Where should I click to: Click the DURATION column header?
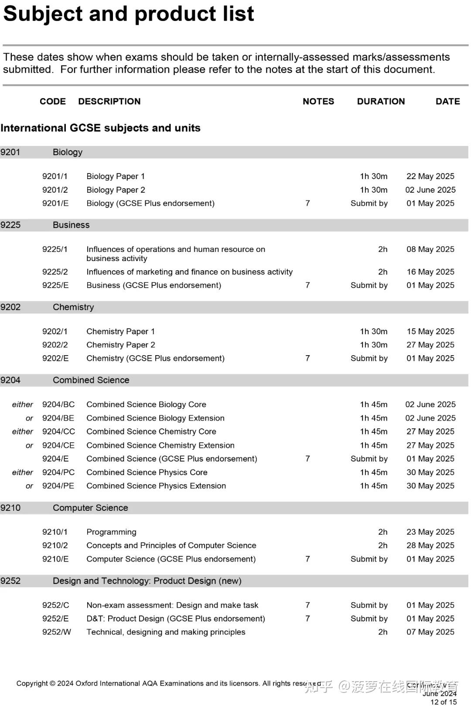pyautogui.click(x=381, y=102)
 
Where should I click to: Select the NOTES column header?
pyautogui.click(x=318, y=102)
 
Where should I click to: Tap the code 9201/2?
pyautogui.click(x=55, y=190)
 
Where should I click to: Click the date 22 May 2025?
pyautogui.click(x=430, y=176)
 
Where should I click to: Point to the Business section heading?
pyautogui.click(x=71, y=225)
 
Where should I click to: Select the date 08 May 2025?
pyautogui.click(x=430, y=249)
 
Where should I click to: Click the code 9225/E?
pyautogui.click(x=55, y=285)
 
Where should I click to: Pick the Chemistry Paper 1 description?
pyautogui.click(x=120, y=332)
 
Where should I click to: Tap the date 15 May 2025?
pyautogui.click(x=430, y=332)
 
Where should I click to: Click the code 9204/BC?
pyautogui.click(x=58, y=405)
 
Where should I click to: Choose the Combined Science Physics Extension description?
pyautogui.click(x=156, y=486)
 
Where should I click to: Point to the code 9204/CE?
pyautogui.click(x=58, y=445)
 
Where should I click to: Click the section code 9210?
pyautogui.click(x=10, y=508)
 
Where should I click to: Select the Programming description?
pyautogui.click(x=111, y=532)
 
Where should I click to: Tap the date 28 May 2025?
pyautogui.click(x=430, y=546)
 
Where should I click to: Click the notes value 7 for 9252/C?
pyautogui.click(x=307, y=605)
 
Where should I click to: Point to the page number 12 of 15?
pyautogui.click(x=444, y=702)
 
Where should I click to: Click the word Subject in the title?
pyautogui.click(x=42, y=14)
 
